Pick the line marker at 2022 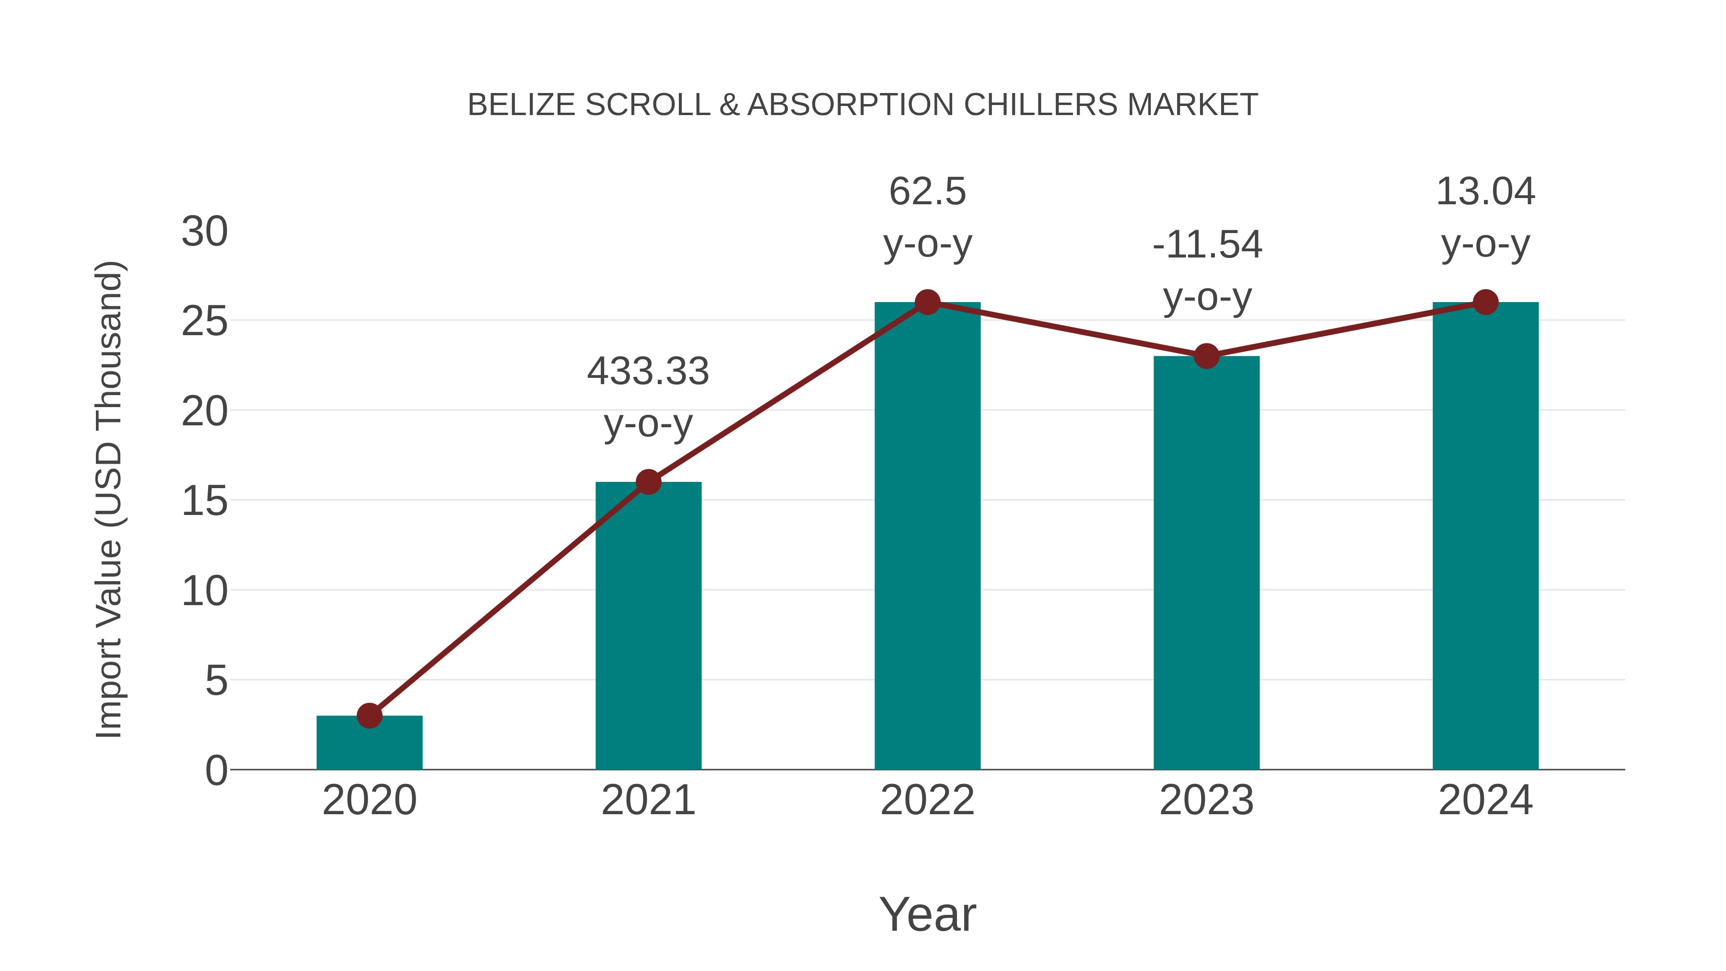click(x=927, y=302)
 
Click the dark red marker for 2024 click(x=1485, y=302)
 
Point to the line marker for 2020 click(x=369, y=716)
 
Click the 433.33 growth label click(x=648, y=372)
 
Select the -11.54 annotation click(x=1207, y=245)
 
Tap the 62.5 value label click(x=927, y=192)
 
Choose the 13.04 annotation click(x=1485, y=192)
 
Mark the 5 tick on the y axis click(x=216, y=681)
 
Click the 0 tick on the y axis click(x=216, y=771)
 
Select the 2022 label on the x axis click(x=927, y=800)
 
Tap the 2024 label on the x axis click(x=1485, y=800)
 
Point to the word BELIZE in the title click(x=521, y=105)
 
